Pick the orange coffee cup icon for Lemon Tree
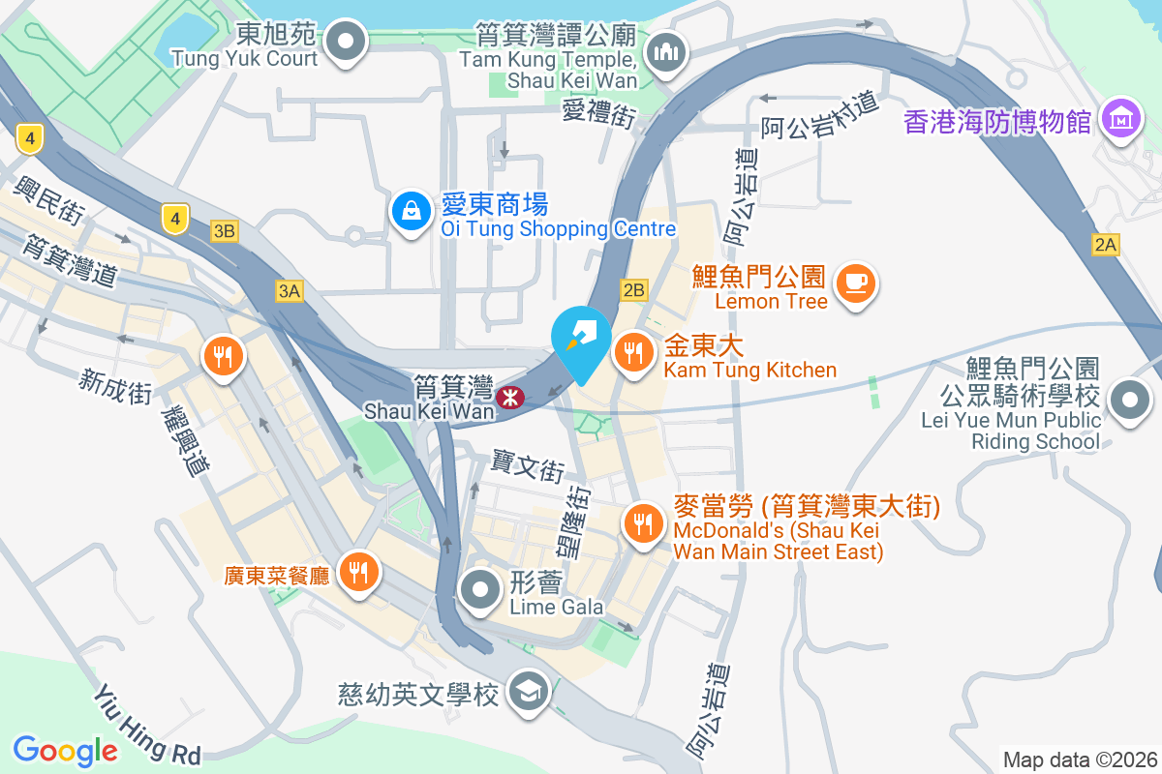(x=855, y=283)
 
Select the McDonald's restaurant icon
(x=641, y=525)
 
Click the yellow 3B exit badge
(x=225, y=231)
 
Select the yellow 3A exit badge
(x=289, y=291)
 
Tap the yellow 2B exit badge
(x=633, y=290)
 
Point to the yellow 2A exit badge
(x=1105, y=245)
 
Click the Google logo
(x=66, y=750)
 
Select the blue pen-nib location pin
(x=581, y=341)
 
